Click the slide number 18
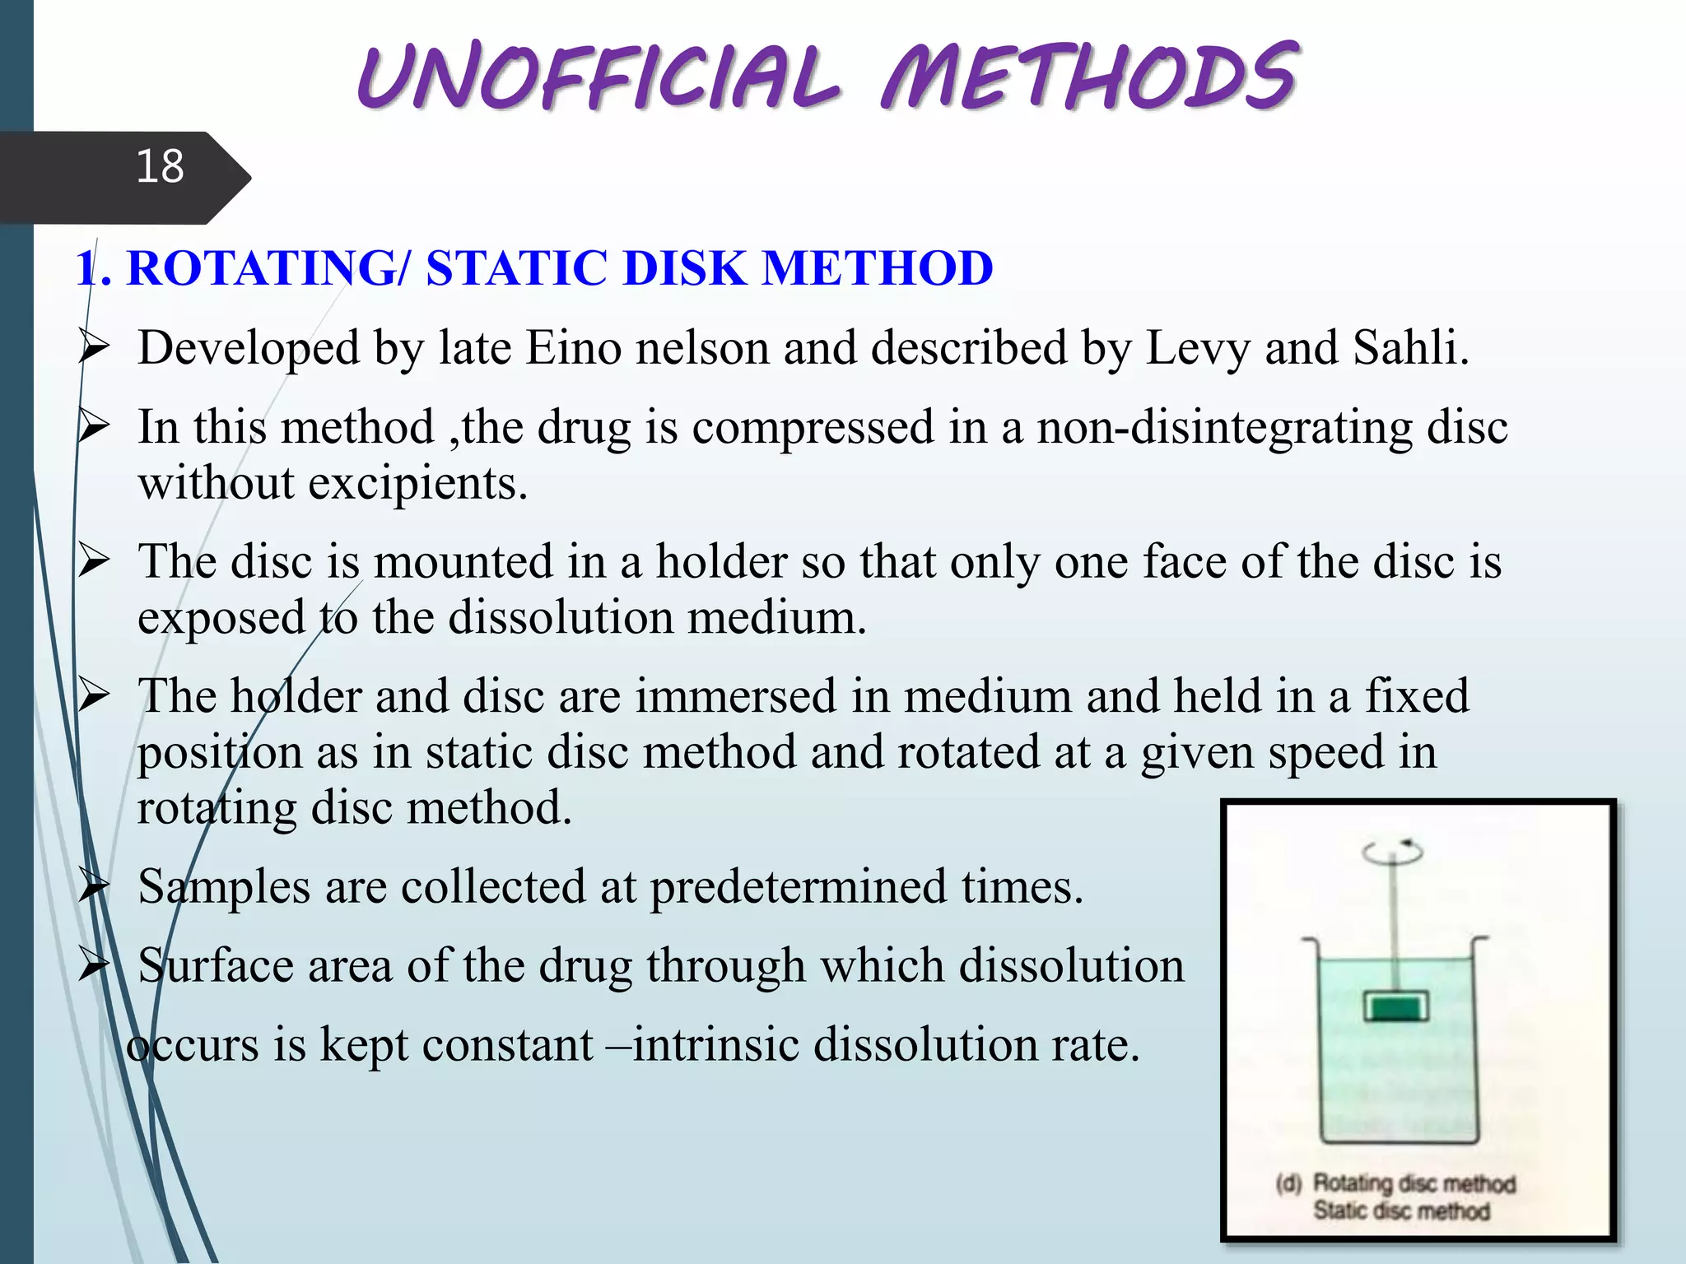[x=160, y=166]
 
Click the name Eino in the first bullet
[x=574, y=347]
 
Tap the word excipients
[x=417, y=482]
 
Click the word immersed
[x=735, y=696]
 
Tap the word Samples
[x=224, y=887]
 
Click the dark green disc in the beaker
[x=1396, y=1007]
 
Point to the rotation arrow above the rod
[x=1392, y=852]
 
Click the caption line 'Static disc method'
[x=1401, y=1211]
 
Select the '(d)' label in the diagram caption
[x=1289, y=1183]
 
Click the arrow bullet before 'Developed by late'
[x=94, y=348]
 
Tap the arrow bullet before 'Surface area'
[x=94, y=965]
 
